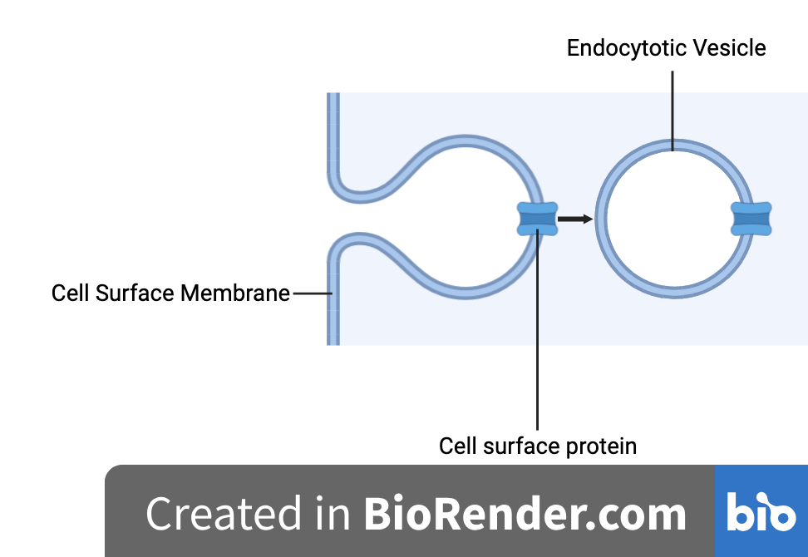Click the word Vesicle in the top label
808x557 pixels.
pos(731,48)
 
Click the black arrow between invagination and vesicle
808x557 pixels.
pos(574,219)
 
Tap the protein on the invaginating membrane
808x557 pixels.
pos(536,219)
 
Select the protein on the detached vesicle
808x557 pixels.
pos(751,219)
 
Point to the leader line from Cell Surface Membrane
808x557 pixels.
pos(311,293)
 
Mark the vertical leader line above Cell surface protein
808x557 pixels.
pos(538,333)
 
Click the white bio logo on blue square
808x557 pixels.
pos(761,512)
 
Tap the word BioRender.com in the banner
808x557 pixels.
pos(525,514)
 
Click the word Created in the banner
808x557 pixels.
pos(224,514)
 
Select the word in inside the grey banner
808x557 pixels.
pos(333,514)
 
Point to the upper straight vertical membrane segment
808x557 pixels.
pos(333,133)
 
